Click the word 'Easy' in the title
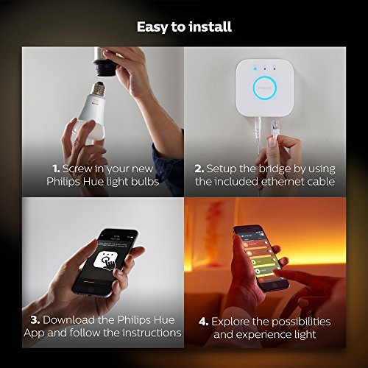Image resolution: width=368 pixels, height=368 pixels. tap(154, 27)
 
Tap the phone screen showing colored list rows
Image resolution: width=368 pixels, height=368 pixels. tap(259, 257)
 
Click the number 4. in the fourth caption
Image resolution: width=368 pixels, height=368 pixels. tap(202, 322)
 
